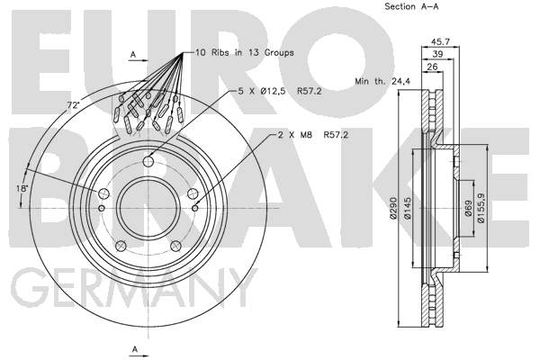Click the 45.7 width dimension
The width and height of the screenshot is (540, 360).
441,41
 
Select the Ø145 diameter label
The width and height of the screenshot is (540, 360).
407,209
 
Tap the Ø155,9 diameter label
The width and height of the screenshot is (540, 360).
482,209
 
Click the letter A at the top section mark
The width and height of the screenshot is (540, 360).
132,56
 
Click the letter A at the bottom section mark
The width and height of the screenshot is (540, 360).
132,348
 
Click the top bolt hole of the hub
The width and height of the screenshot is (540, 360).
148,160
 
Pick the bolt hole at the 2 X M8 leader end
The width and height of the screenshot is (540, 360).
196,208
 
